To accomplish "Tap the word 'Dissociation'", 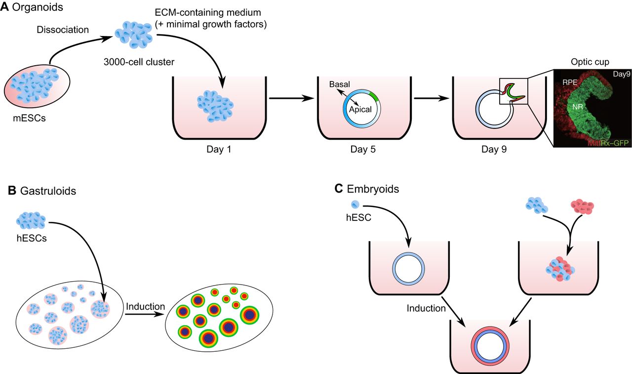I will (63, 30).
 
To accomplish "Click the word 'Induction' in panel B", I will (145, 306).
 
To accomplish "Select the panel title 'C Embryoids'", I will (365, 189).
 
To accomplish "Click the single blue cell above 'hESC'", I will (355, 205).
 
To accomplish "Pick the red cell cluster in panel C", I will (581, 206).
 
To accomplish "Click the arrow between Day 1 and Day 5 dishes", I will (291, 98).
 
